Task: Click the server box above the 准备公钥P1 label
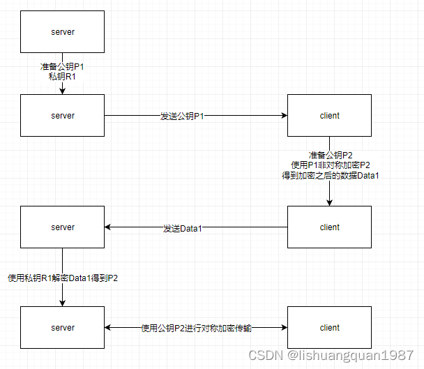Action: [x=63, y=31]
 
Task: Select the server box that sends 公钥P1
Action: [x=63, y=115]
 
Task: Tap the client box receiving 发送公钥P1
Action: [x=329, y=115]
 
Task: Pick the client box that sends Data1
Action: [x=329, y=227]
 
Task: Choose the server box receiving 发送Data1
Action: [x=63, y=227]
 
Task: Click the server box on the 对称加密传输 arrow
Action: [x=63, y=327]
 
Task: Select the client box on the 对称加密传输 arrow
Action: [x=329, y=327]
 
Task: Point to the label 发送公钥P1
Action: [x=183, y=116]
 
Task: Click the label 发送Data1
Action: [x=183, y=227]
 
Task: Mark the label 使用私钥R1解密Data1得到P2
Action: [x=63, y=278]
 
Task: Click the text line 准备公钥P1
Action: [x=63, y=68]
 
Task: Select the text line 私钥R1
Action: [x=63, y=77]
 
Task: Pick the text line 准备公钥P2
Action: [x=330, y=155]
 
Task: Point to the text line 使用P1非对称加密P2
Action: [x=330, y=165]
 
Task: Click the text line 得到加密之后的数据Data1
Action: [x=330, y=175]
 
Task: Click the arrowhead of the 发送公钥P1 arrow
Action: [x=284, y=116]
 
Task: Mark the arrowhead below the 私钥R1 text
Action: [x=63, y=91]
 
